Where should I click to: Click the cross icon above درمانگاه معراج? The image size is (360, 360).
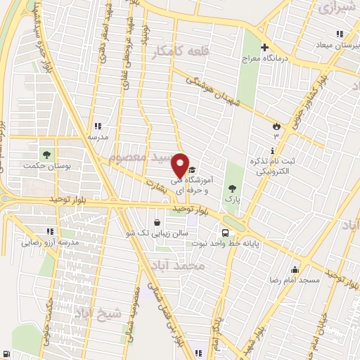pos(265,49)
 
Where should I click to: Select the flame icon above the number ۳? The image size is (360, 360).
pos(276,126)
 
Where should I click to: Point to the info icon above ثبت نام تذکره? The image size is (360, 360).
pos(272,151)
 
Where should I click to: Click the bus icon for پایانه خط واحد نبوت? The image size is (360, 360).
pos(225,233)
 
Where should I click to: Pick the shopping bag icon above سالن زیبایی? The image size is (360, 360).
pos(167,222)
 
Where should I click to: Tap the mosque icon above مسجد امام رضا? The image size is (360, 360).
pos(295,269)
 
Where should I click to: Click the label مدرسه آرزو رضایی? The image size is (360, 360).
pos(44,243)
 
